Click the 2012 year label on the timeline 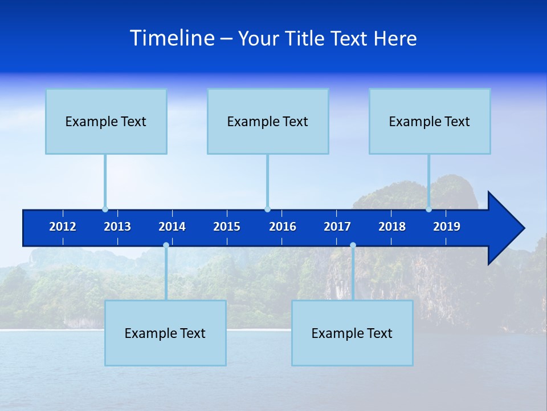click(63, 227)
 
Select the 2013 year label click(117, 227)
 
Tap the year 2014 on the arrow click(172, 227)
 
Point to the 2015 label click(227, 227)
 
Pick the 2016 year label click(283, 227)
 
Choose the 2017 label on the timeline click(337, 227)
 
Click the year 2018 click(392, 227)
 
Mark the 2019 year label click(447, 227)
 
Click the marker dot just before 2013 click(105, 209)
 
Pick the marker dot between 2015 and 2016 click(267, 209)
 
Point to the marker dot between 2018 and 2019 click(428, 209)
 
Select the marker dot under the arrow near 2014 click(166, 245)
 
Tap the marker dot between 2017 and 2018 click(353, 245)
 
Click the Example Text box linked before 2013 click(106, 121)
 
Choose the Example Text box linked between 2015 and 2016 click(268, 121)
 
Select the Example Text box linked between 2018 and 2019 click(430, 121)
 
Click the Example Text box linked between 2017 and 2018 click(352, 333)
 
